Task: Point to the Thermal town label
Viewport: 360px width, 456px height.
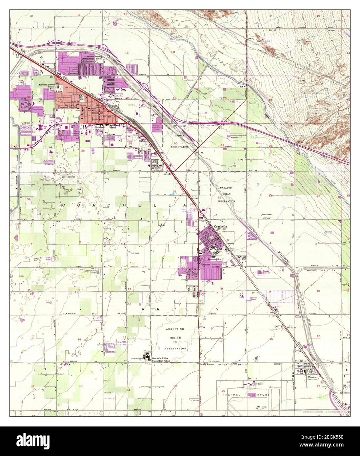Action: pyautogui.click(x=312, y=377)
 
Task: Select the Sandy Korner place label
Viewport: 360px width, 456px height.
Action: pyautogui.click(x=207, y=364)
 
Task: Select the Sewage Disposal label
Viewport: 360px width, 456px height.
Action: pyautogui.click(x=265, y=273)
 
